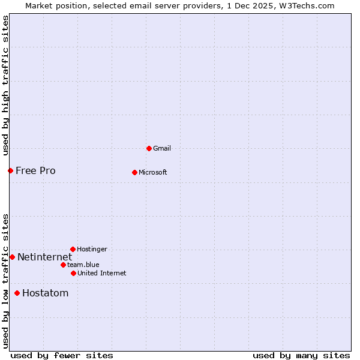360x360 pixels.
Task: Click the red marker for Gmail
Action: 149,148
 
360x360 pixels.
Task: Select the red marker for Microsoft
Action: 134,172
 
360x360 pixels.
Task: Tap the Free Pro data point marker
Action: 10,170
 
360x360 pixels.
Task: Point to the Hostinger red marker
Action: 73,249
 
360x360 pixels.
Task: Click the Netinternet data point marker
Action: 12,257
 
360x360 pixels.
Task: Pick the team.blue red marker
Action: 63,265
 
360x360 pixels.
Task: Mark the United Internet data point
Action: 73,273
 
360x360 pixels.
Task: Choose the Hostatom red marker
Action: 17,293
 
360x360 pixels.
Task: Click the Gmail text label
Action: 162,148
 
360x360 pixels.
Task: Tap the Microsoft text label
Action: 153,172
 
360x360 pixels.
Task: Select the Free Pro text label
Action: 35,170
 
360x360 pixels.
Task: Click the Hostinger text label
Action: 92,249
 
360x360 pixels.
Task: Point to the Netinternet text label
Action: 44,257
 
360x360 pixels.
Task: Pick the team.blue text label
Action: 83,265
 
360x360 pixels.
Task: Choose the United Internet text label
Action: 102,273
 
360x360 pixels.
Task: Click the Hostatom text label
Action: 45,293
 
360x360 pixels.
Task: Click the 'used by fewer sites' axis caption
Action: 62,355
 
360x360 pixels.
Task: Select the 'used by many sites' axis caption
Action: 301,355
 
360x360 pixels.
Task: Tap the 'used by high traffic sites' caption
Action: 5,86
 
